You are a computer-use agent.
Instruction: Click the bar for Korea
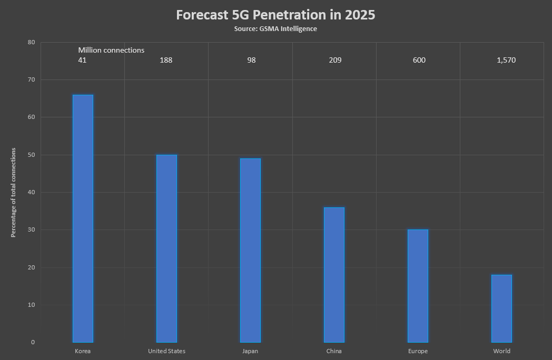coord(83,218)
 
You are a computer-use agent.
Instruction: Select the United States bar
coord(166,248)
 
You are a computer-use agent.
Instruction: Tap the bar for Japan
coord(250,251)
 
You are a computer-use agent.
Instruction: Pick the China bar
coord(334,275)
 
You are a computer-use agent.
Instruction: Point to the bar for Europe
coord(418,286)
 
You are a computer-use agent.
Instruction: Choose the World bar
coord(501,308)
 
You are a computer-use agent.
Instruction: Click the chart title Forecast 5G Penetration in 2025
coord(275,15)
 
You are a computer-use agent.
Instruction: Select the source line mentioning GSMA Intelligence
coord(275,29)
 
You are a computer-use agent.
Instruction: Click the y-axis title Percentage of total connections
coord(14,193)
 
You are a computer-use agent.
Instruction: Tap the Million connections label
coord(111,50)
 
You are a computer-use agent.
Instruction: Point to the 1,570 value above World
coord(506,60)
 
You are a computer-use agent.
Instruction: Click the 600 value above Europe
coord(419,60)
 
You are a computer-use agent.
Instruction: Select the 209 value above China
coord(335,60)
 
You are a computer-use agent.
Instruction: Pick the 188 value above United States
coord(166,60)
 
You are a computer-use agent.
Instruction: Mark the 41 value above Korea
coord(82,60)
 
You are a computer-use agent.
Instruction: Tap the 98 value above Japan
coord(251,60)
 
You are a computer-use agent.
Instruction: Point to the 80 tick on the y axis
coord(32,42)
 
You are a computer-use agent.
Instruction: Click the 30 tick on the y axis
coord(32,230)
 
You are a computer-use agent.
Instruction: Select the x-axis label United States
coord(166,351)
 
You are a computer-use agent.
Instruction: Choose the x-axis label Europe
coord(418,351)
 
